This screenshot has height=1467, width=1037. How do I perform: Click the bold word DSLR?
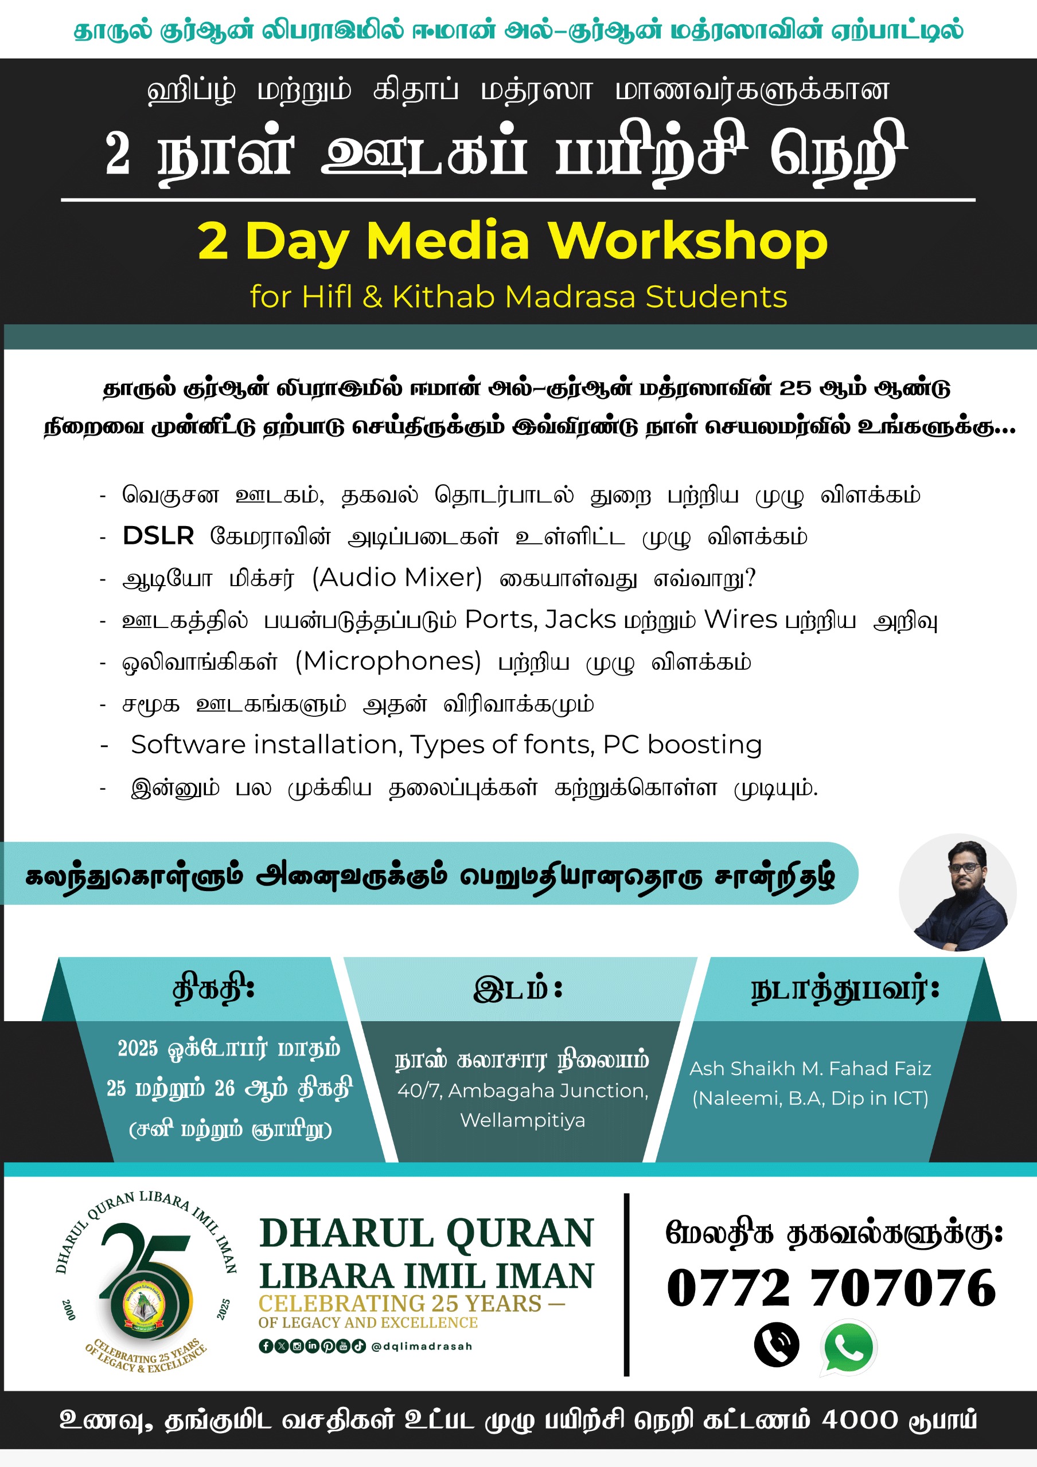pos(158,535)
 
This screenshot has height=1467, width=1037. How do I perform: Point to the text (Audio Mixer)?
pos(396,578)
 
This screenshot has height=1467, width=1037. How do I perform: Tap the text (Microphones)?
pos(388,661)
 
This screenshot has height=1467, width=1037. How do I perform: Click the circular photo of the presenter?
pos(957,892)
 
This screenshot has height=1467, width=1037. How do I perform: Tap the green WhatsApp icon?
pos(848,1347)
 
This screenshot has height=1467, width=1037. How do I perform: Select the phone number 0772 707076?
pos(831,1288)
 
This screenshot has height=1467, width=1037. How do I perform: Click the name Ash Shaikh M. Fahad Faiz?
pos(810,1068)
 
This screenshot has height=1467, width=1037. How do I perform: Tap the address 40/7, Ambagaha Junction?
pos(523,1091)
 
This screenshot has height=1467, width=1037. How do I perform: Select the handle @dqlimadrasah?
pos(422,1346)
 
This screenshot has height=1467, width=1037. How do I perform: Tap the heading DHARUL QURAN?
pos(426,1233)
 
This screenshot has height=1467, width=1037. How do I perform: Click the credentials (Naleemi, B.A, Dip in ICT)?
pos(810,1098)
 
